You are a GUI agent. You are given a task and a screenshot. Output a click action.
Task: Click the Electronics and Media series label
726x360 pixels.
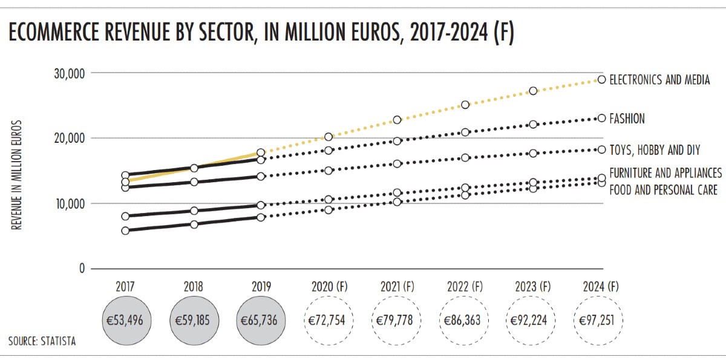tap(659, 80)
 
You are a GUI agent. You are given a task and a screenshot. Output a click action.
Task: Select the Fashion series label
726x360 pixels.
tap(627, 119)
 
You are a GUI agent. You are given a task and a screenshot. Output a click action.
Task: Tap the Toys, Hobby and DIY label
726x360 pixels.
tap(653, 149)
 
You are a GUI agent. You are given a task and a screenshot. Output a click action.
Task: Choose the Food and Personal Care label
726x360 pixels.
tap(663, 190)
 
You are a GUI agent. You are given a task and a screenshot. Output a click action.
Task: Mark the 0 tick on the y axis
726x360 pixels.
tap(80, 269)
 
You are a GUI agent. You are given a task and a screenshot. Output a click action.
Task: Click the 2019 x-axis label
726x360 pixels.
tap(261, 287)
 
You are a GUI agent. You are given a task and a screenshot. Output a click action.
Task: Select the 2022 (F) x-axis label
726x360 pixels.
tap(465, 287)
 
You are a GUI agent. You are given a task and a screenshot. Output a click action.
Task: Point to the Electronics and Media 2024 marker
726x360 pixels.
tap(601, 79)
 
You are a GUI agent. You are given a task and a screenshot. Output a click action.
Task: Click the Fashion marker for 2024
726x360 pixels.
tap(601, 119)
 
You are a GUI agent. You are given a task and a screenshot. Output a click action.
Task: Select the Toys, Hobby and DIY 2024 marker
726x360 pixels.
tap(601, 149)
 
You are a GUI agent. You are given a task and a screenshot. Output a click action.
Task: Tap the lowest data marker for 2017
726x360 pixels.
tap(125, 231)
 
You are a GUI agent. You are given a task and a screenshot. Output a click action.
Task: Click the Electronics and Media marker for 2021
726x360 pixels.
tap(397, 120)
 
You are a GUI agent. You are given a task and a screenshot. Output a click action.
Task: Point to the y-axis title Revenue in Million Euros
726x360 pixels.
tap(18, 175)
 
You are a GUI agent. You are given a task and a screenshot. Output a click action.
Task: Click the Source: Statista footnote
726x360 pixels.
tap(42, 342)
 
